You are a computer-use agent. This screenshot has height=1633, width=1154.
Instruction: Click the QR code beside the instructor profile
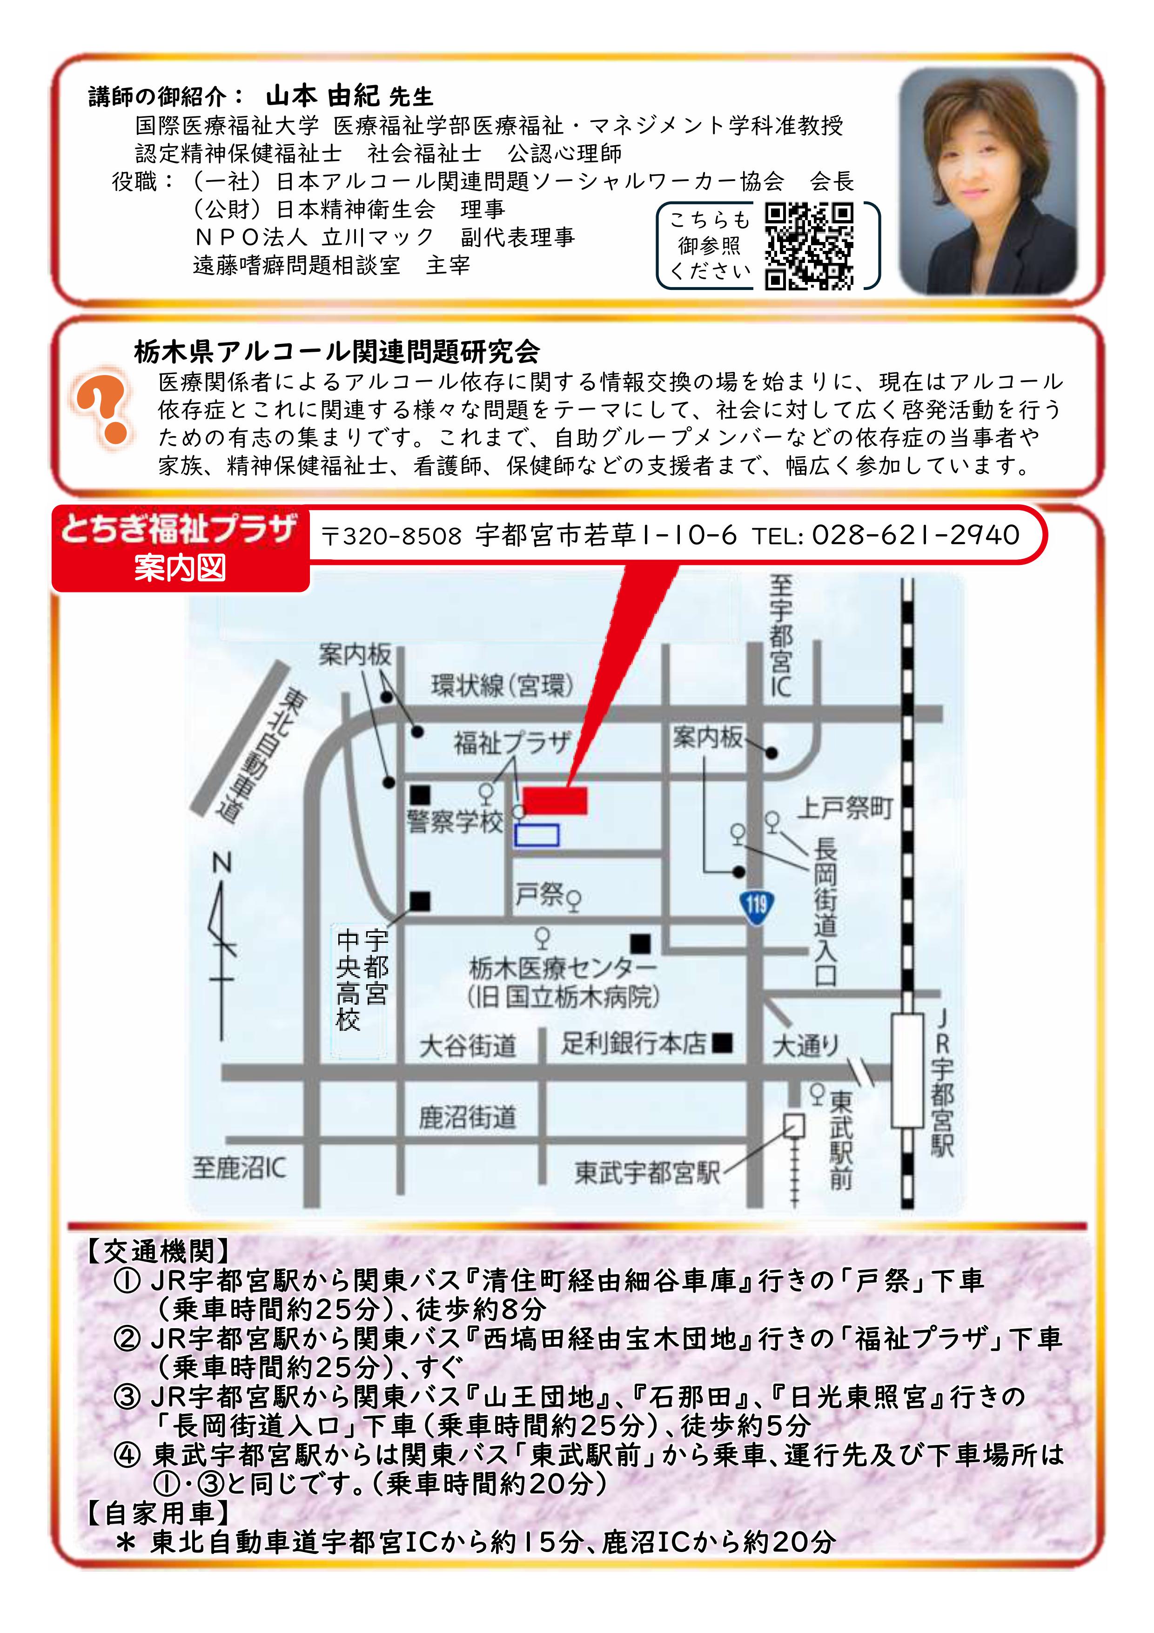point(809,247)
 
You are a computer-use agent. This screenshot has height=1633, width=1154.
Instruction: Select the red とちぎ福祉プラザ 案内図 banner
point(181,548)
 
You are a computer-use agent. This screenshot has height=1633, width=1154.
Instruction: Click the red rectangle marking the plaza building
point(555,800)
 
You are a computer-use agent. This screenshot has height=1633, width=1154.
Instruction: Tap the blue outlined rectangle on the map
point(537,835)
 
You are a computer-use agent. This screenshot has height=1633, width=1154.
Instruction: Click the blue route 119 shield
point(756,905)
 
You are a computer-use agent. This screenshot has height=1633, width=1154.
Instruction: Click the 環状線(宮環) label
point(502,685)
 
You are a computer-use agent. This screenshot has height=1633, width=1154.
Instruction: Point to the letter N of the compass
point(222,863)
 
